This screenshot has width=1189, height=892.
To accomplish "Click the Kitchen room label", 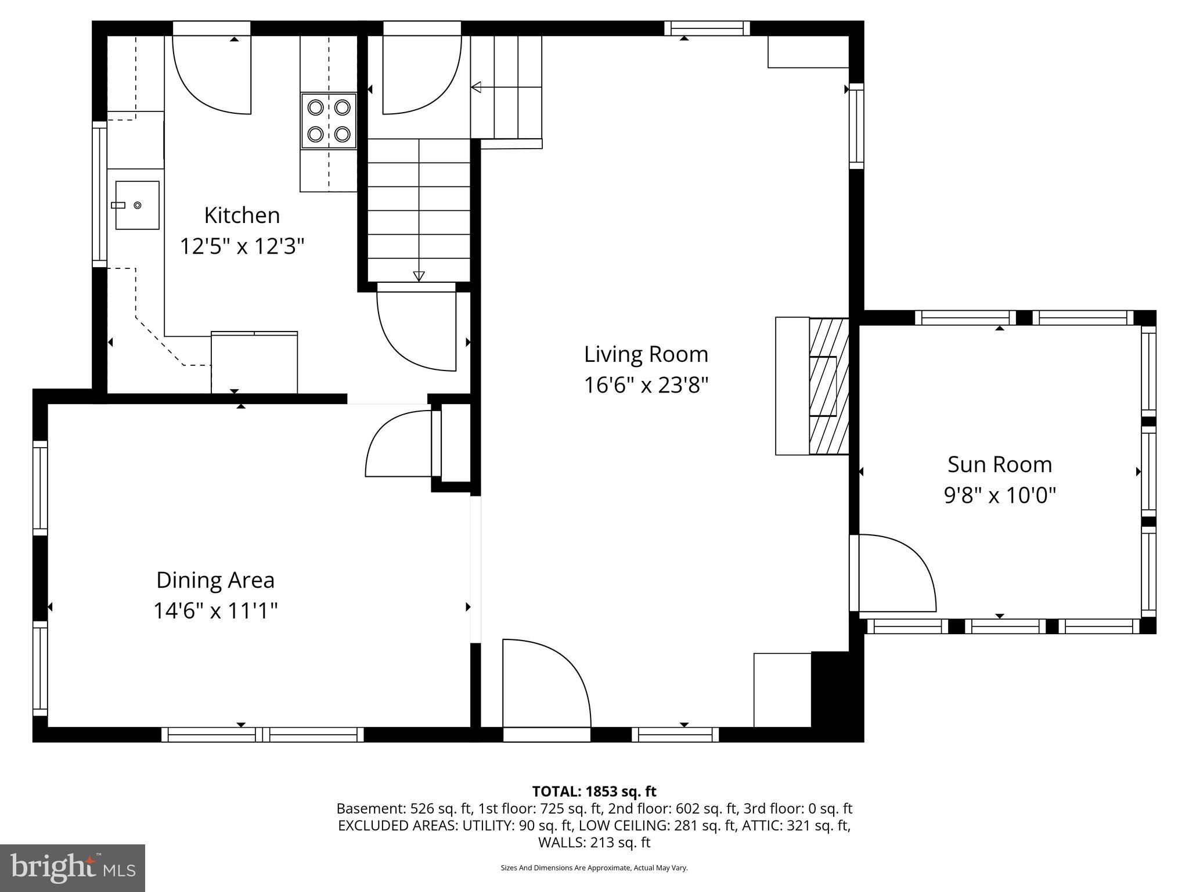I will click(242, 215).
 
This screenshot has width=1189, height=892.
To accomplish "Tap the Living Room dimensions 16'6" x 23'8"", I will click(646, 385).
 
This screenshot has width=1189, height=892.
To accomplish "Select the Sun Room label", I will click(999, 465).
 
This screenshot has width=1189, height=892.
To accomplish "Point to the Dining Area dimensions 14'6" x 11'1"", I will click(215, 611).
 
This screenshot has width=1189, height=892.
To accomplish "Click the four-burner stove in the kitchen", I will click(329, 121).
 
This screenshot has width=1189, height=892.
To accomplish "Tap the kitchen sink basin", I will click(138, 205).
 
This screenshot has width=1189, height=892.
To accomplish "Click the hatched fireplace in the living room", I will click(828, 386).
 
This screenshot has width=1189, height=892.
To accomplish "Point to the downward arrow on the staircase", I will click(419, 276).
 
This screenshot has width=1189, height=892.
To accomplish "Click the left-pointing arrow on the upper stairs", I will click(476, 88).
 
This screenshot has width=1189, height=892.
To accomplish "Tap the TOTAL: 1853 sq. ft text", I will click(594, 792).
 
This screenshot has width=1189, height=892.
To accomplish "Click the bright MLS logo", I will click(73, 868).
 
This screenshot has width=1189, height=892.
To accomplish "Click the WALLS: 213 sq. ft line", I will click(594, 842).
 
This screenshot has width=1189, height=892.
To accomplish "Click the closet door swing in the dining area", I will click(398, 444).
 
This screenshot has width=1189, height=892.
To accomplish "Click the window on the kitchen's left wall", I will click(100, 194).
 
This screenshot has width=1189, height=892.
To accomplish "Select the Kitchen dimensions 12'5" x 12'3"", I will click(242, 246).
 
